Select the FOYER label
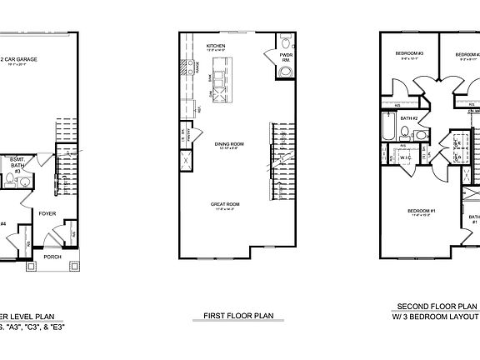click(x=47, y=213)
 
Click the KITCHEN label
click(x=216, y=45)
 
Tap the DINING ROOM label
click(x=227, y=143)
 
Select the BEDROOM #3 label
click(x=410, y=54)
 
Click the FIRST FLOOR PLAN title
click(x=239, y=316)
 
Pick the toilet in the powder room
click(x=286, y=43)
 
